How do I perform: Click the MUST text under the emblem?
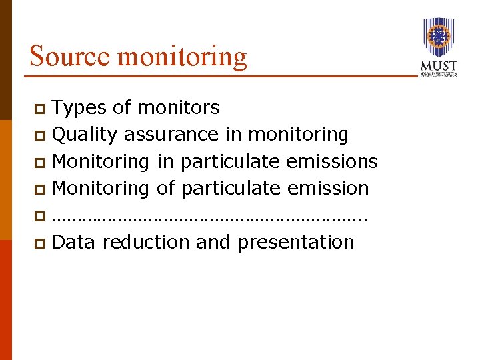(439, 66)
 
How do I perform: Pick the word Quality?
(85, 135)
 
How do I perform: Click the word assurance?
(172, 135)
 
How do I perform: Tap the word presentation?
(296, 241)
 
